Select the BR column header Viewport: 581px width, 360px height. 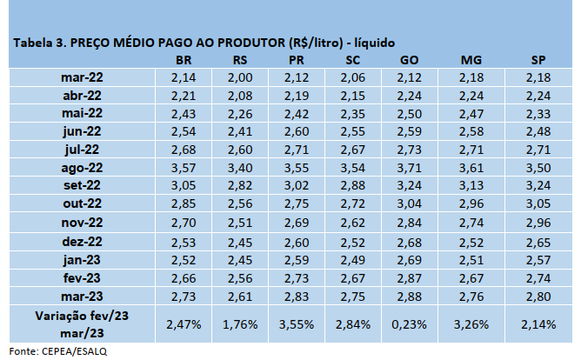tap(184, 59)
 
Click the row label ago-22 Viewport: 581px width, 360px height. tap(83, 168)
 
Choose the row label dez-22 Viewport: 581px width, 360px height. tap(83, 241)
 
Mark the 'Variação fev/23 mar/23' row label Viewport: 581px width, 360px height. tap(83, 323)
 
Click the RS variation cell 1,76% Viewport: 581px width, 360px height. tap(242, 323)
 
